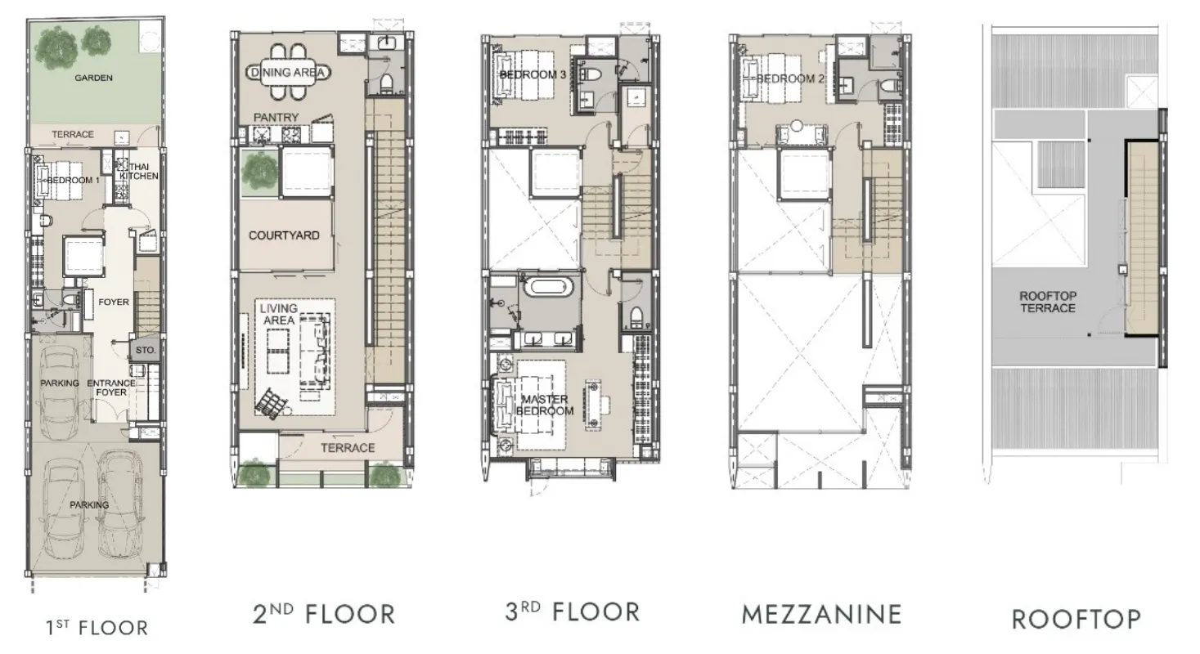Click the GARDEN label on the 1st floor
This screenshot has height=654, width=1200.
[x=94, y=78]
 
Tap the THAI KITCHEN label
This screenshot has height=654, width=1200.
[x=139, y=171]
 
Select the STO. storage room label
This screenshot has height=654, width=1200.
[x=146, y=350]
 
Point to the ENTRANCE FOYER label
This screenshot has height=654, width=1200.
[x=111, y=387]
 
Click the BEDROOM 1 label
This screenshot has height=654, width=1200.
[x=74, y=180]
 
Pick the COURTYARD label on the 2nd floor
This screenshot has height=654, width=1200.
[x=284, y=235]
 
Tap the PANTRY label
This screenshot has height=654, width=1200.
[x=276, y=117]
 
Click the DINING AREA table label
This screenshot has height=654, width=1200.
[x=289, y=72]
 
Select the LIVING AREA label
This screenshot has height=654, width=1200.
[x=279, y=314]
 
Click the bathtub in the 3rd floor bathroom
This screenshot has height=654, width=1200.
[x=549, y=286]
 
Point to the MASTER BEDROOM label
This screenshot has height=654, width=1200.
[x=545, y=405]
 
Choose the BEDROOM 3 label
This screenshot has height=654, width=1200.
[x=533, y=74]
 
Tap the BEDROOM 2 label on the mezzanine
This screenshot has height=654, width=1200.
[x=790, y=78]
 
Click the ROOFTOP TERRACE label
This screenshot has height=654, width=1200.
[x=1047, y=302]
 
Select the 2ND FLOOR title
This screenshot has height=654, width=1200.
[x=324, y=614]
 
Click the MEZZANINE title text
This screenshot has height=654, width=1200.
[x=821, y=615]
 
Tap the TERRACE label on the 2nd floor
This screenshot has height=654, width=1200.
[x=348, y=447]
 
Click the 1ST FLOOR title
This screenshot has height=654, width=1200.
[x=97, y=627]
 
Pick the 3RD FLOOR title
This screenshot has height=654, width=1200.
[x=572, y=612]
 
